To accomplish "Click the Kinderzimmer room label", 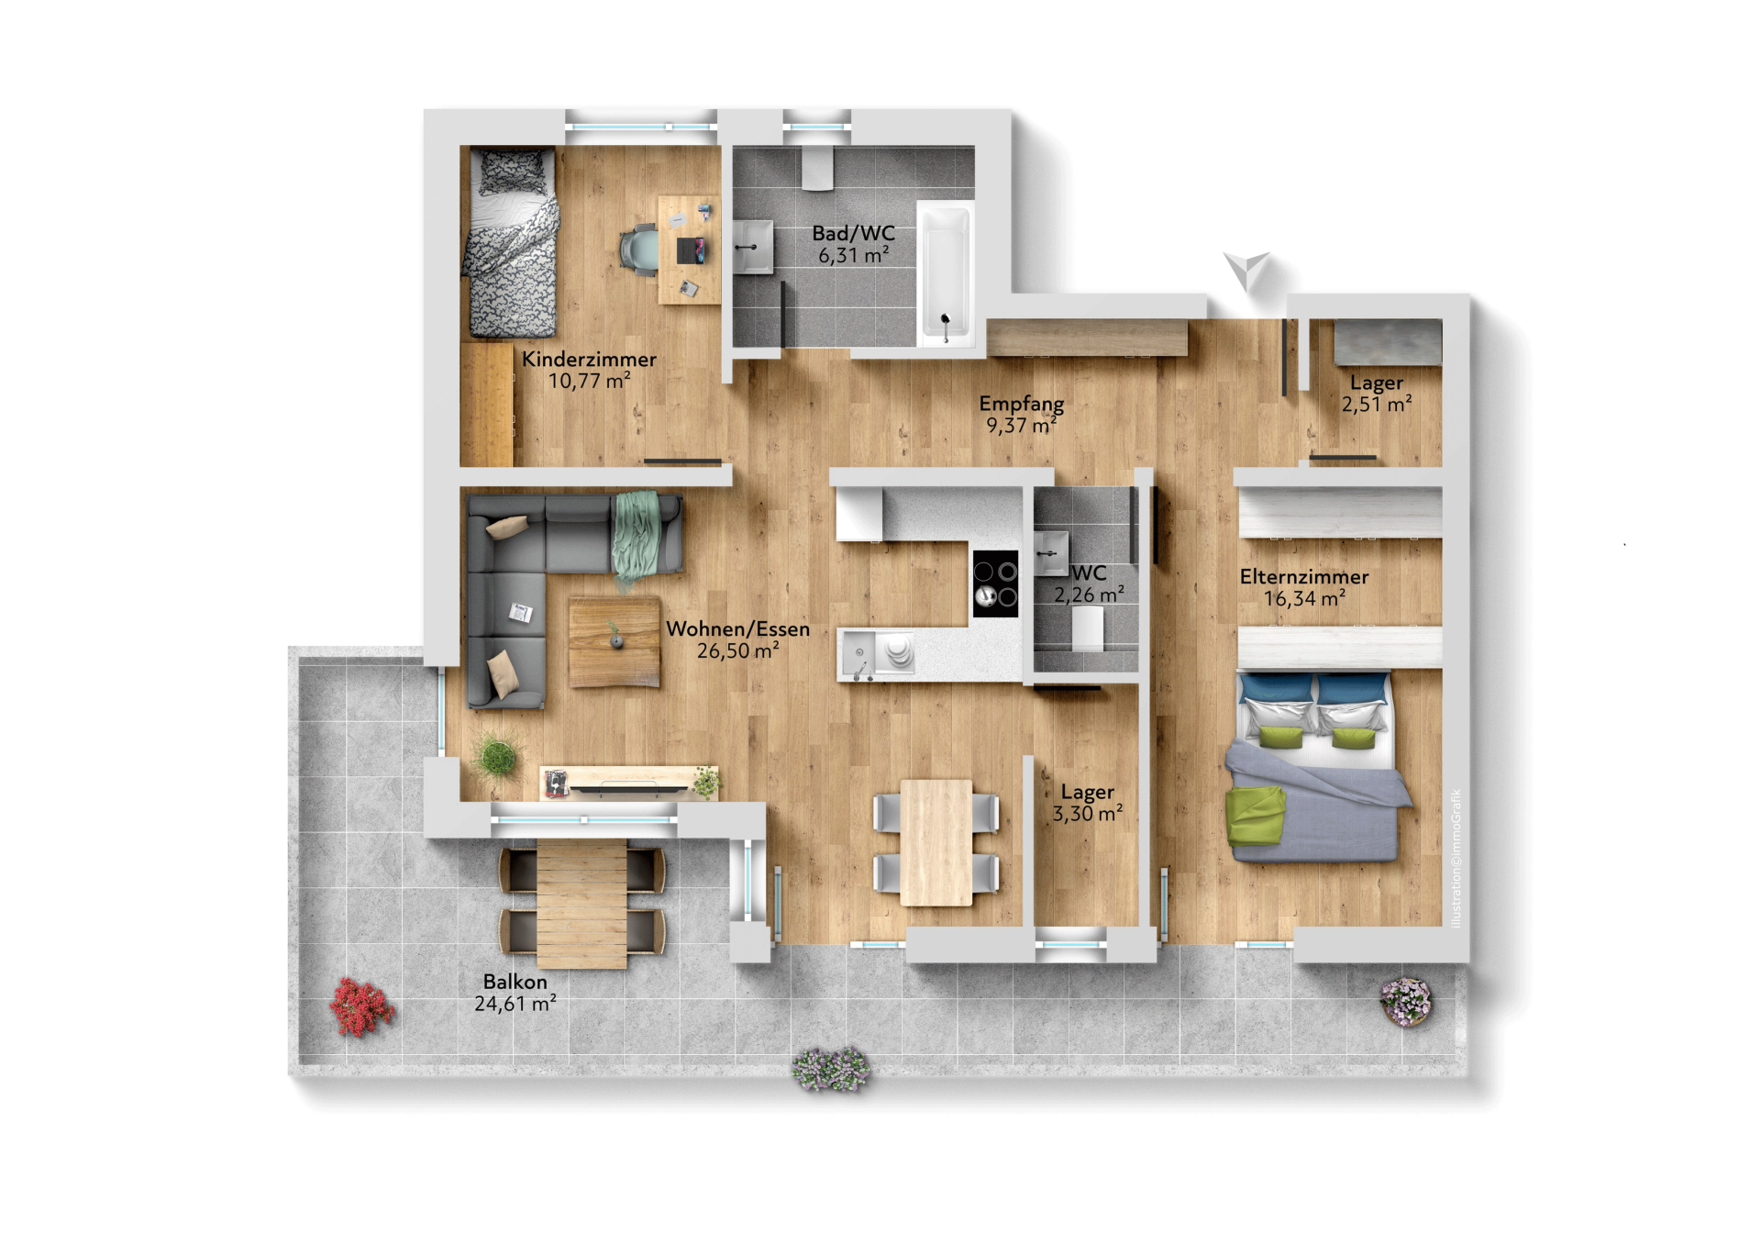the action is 589,359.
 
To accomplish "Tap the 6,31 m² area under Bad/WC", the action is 853,255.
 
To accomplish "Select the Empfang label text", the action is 1022,404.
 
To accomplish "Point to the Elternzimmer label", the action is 1304,576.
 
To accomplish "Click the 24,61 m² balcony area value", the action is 515,1004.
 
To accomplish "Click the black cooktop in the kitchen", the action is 995,583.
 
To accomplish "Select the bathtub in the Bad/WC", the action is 945,273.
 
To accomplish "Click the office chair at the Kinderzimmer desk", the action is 638,249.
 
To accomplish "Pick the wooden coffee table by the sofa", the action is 614,642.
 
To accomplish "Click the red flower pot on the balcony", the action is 361,1006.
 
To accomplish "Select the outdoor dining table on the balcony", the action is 581,905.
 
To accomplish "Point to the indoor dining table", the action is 936,842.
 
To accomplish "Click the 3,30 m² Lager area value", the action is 1088,814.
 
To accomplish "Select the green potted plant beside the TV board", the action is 496,756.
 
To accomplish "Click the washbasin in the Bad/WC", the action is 753,247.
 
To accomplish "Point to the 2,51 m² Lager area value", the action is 1377,405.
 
